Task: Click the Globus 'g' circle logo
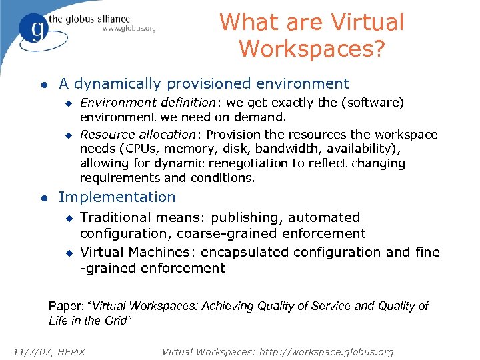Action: (x=32, y=28)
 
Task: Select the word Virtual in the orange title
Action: (x=367, y=22)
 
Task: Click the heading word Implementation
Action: (x=117, y=197)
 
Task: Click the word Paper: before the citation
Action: (x=65, y=306)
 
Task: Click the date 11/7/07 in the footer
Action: (x=32, y=351)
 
